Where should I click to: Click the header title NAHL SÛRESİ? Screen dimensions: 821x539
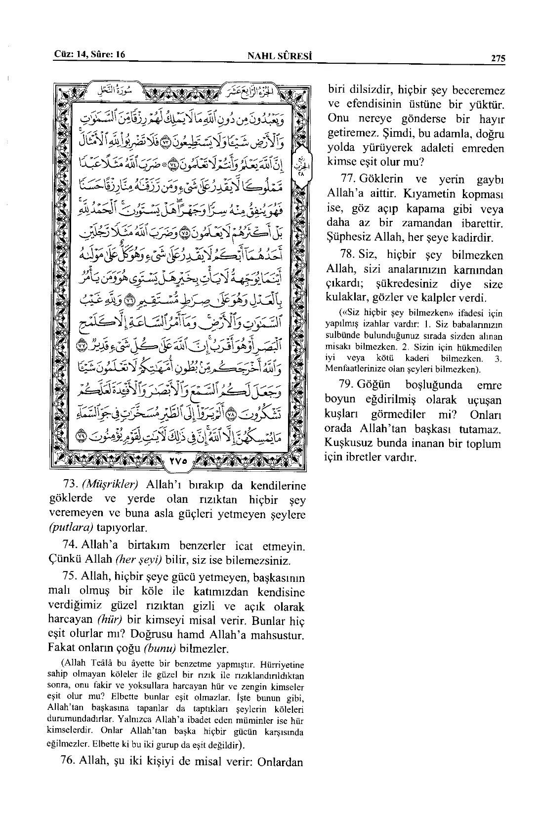click(x=281, y=56)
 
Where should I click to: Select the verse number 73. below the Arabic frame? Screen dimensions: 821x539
click(x=66, y=486)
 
